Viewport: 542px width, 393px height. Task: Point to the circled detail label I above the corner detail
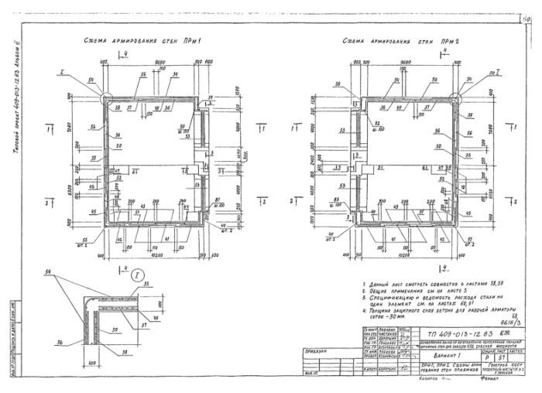137,275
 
